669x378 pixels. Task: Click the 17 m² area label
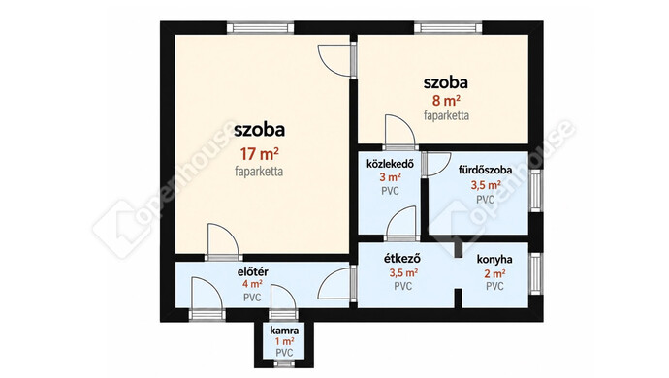pos(259,153)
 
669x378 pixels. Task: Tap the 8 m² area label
pos(446,101)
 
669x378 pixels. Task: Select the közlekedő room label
pos(390,164)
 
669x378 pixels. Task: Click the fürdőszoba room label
pos(485,170)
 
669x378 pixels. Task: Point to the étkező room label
pos(402,259)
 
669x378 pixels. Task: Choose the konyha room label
pos(494,259)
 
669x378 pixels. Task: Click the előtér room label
pos(253,271)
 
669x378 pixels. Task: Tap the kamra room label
pos(284,331)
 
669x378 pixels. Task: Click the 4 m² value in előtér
pos(252,284)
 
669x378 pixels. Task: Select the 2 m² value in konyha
pos(494,273)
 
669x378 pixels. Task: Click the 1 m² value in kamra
pos(284,341)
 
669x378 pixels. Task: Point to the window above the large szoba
pos(260,28)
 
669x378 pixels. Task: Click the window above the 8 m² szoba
pos(448,28)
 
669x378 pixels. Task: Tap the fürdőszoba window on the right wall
pos(535,190)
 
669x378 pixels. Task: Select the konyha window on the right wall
pos(535,273)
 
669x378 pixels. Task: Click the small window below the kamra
pos(284,363)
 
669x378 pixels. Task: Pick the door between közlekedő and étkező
pos(400,225)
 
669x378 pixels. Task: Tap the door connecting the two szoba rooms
pos(337,61)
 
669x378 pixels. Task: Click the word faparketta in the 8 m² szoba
pos(446,115)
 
